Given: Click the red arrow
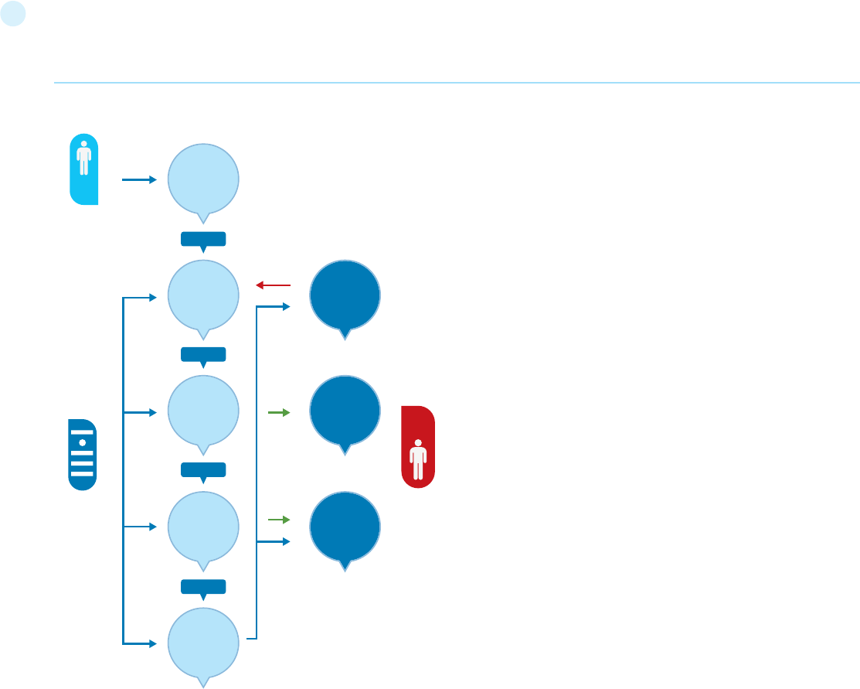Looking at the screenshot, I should coord(273,285).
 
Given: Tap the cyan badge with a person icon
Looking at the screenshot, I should coord(83,169).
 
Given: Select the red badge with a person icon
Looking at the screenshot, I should coord(418,447).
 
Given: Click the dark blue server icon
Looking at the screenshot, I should coord(82,455).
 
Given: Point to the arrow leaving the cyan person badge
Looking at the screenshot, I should coord(139,179).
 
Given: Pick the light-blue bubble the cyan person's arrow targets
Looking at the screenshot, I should coord(203,179).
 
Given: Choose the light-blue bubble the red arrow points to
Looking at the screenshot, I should coord(203,295).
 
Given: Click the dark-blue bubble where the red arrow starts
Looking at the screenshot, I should coord(345,295).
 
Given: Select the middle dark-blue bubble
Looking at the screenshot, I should coord(345,411).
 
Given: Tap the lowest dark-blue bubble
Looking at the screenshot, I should coord(345,527).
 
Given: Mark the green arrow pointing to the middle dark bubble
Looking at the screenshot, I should coord(278,413).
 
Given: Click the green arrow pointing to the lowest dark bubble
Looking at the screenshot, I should coord(278,519).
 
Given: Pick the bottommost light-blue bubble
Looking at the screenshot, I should coord(203,642).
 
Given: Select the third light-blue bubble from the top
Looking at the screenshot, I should coord(203,411).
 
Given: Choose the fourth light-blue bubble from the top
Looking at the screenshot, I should coord(203,527).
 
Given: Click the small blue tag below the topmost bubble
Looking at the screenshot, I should coord(203,239).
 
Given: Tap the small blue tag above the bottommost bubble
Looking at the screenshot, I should coord(203,586).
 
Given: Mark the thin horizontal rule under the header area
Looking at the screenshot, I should coord(456,82).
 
